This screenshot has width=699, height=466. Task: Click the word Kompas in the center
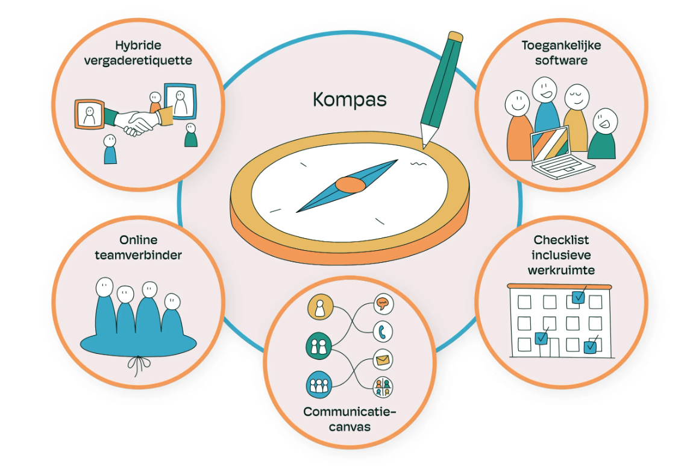click(349, 99)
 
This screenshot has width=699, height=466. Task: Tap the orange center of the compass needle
click(350, 184)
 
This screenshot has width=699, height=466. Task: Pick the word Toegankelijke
click(561, 45)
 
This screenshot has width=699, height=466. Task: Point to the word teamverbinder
click(138, 256)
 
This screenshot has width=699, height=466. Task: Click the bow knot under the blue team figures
click(139, 365)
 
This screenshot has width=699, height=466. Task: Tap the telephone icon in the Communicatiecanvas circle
click(383, 332)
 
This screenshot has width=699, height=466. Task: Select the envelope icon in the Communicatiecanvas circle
click(383, 359)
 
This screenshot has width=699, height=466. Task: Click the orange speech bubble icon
click(383, 304)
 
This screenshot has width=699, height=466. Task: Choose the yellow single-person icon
click(320, 307)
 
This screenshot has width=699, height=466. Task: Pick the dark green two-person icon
click(319, 346)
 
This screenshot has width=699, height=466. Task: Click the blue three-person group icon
click(319, 385)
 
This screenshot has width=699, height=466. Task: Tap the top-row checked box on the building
click(578, 295)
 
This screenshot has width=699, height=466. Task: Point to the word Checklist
click(561, 240)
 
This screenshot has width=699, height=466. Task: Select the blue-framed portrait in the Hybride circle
click(180, 101)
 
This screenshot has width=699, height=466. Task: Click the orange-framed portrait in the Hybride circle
click(90, 115)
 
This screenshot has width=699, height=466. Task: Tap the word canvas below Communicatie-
click(349, 427)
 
